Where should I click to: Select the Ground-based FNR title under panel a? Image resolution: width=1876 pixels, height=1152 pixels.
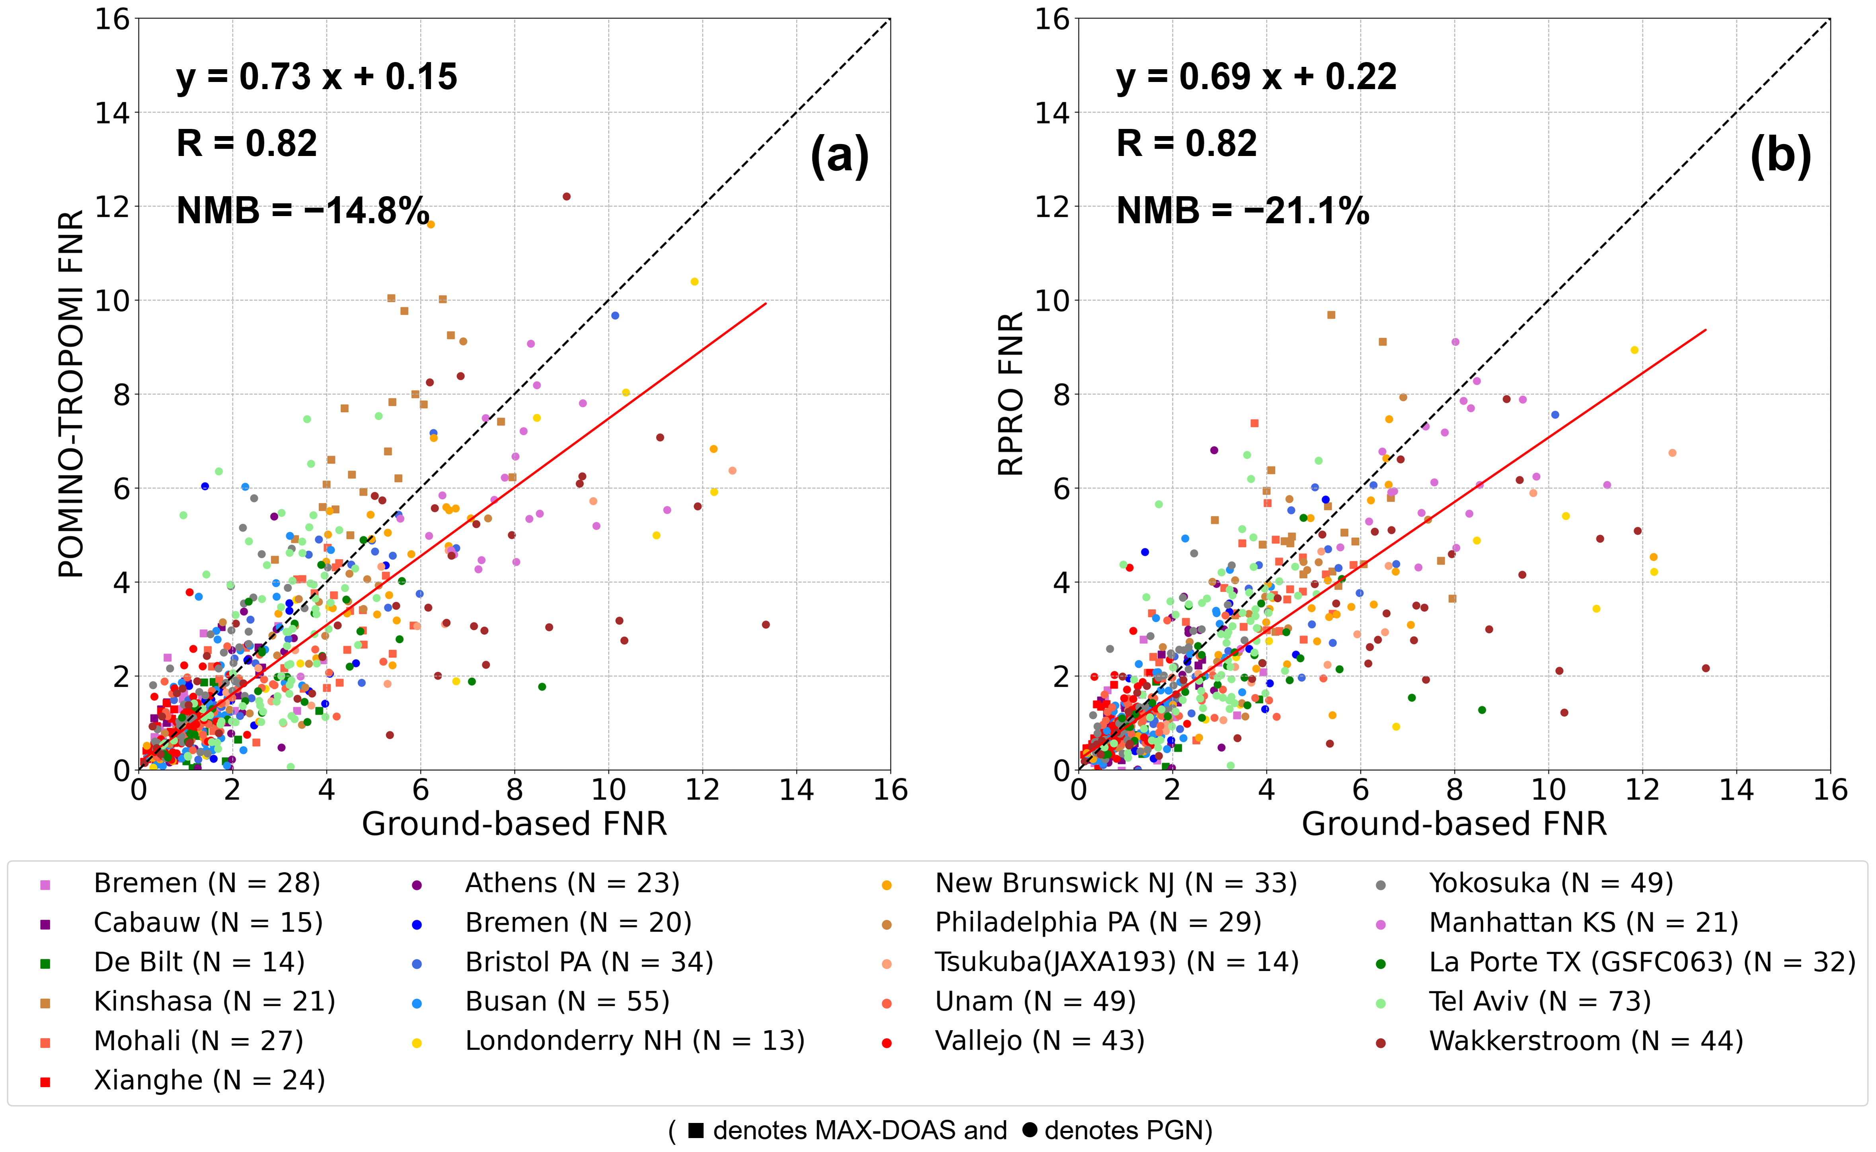tap(514, 824)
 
